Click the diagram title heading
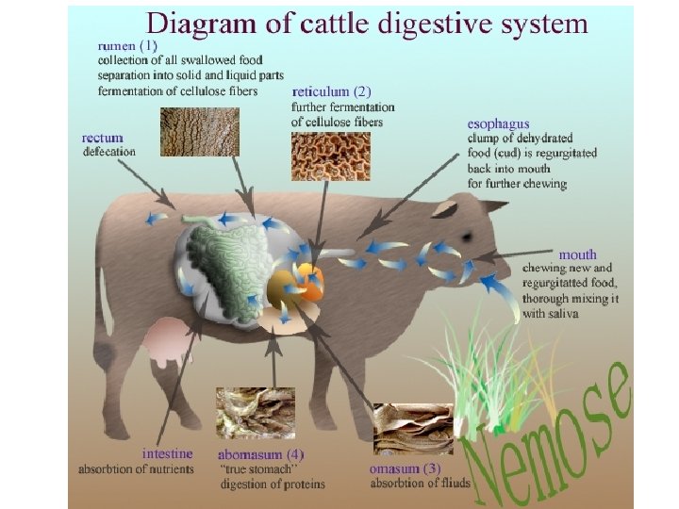pos(366,23)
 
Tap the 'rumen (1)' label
pos(127,45)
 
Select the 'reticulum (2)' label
pos(333,91)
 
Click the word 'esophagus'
pos(498,123)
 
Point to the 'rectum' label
pos(103,138)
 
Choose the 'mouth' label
pos(577,254)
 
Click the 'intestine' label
pos(168,453)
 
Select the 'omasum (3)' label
pos(405,468)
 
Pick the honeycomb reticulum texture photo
pos(330,156)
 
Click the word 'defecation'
pos(109,152)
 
